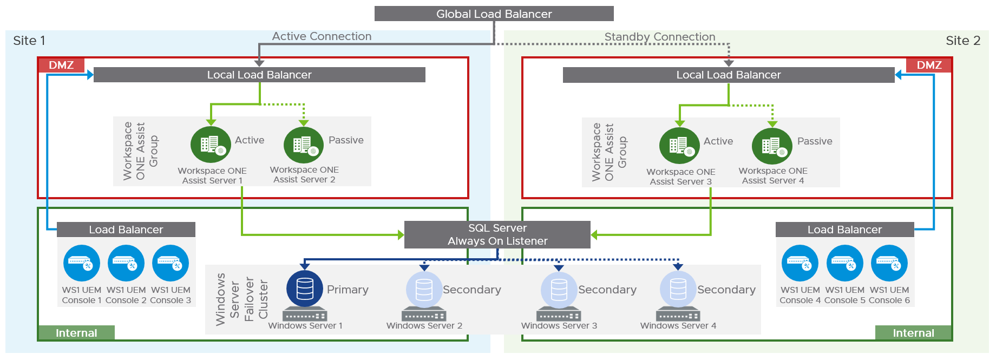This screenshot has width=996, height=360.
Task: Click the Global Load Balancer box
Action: point(494,14)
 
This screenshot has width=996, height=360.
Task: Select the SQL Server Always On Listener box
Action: point(497,234)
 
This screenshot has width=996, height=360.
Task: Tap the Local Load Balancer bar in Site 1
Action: point(259,75)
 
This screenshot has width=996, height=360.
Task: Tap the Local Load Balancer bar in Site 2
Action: point(728,75)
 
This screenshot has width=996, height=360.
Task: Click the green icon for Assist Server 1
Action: point(211,145)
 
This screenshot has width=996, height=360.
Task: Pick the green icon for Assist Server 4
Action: point(772,146)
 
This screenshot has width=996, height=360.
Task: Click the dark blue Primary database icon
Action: point(305,289)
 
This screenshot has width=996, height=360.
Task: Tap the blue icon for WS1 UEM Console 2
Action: point(126,264)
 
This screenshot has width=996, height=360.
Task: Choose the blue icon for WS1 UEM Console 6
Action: point(889,264)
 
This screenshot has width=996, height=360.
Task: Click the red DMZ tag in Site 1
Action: point(61,65)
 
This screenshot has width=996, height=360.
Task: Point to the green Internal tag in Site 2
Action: point(913,333)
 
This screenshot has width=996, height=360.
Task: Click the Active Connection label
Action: point(322,36)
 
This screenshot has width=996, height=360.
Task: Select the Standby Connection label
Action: point(659,37)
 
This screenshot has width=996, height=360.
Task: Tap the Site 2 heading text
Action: point(962,41)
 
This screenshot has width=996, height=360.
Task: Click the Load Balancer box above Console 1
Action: point(126,230)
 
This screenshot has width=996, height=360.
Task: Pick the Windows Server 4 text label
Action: point(678,325)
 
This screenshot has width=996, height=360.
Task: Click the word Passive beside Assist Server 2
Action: point(346,140)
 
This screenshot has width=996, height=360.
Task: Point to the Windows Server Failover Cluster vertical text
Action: point(241,299)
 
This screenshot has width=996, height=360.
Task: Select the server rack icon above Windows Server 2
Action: point(424,315)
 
